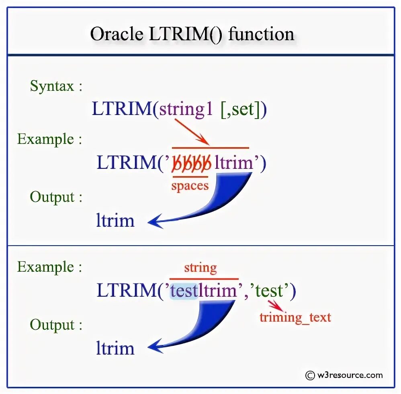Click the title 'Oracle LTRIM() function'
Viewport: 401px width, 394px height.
click(192, 34)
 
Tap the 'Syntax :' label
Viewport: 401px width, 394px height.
click(56, 86)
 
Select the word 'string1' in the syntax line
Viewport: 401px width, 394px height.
click(186, 109)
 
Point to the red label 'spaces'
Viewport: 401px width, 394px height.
click(190, 186)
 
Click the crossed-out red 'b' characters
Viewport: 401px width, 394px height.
click(191, 164)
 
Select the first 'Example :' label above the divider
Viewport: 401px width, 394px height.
click(49, 139)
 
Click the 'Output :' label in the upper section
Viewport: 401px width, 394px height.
click(56, 197)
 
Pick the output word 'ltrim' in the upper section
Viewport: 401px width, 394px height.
click(115, 221)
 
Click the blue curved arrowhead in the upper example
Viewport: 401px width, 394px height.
click(155, 222)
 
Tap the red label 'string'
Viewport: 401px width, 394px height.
click(200, 268)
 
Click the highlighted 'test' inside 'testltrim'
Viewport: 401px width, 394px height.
click(184, 291)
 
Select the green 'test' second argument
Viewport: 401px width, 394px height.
click(269, 291)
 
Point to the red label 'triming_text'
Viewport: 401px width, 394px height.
click(295, 317)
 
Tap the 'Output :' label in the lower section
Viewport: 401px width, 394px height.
click(56, 325)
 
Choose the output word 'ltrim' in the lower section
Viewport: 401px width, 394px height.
click(115, 348)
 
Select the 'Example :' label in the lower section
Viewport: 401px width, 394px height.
click(49, 267)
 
